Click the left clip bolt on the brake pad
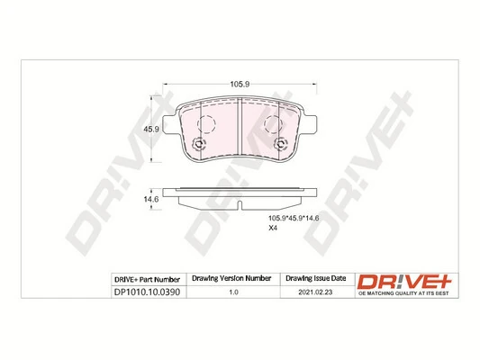[200, 147]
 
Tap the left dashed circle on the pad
[207, 127]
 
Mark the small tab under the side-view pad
[240, 208]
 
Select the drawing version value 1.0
[234, 292]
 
